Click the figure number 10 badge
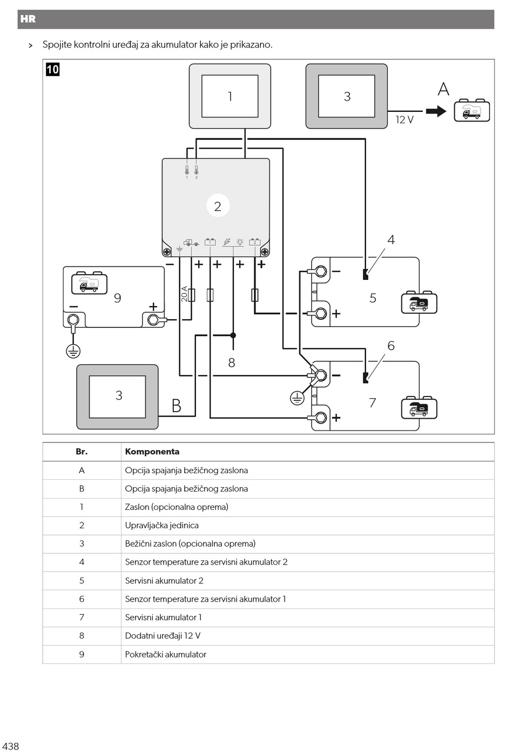53,70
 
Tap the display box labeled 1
230,96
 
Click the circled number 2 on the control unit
218,205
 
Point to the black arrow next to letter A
436,111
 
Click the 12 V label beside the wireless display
404,120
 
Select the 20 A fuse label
184,294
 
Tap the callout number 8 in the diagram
232,363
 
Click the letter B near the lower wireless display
177,406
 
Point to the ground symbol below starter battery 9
73,352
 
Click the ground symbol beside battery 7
297,399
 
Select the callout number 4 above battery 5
391,240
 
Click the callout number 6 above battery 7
391,346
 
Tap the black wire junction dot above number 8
233,335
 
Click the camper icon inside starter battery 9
89,283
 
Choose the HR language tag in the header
28,19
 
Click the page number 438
10,746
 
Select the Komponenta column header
152,452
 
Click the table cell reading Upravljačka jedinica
161,526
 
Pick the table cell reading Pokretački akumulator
166,654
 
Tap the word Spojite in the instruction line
57,45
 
